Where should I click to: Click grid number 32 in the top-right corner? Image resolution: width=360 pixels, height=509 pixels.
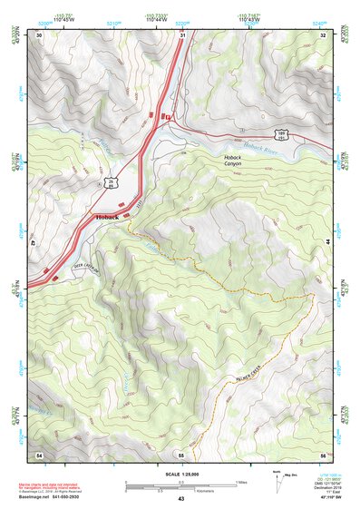(x=322, y=35)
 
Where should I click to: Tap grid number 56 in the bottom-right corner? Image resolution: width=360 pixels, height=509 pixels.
(x=322, y=454)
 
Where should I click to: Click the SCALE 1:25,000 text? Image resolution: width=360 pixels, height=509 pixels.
(x=180, y=474)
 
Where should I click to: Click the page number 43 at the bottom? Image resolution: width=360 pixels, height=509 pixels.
(x=180, y=499)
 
